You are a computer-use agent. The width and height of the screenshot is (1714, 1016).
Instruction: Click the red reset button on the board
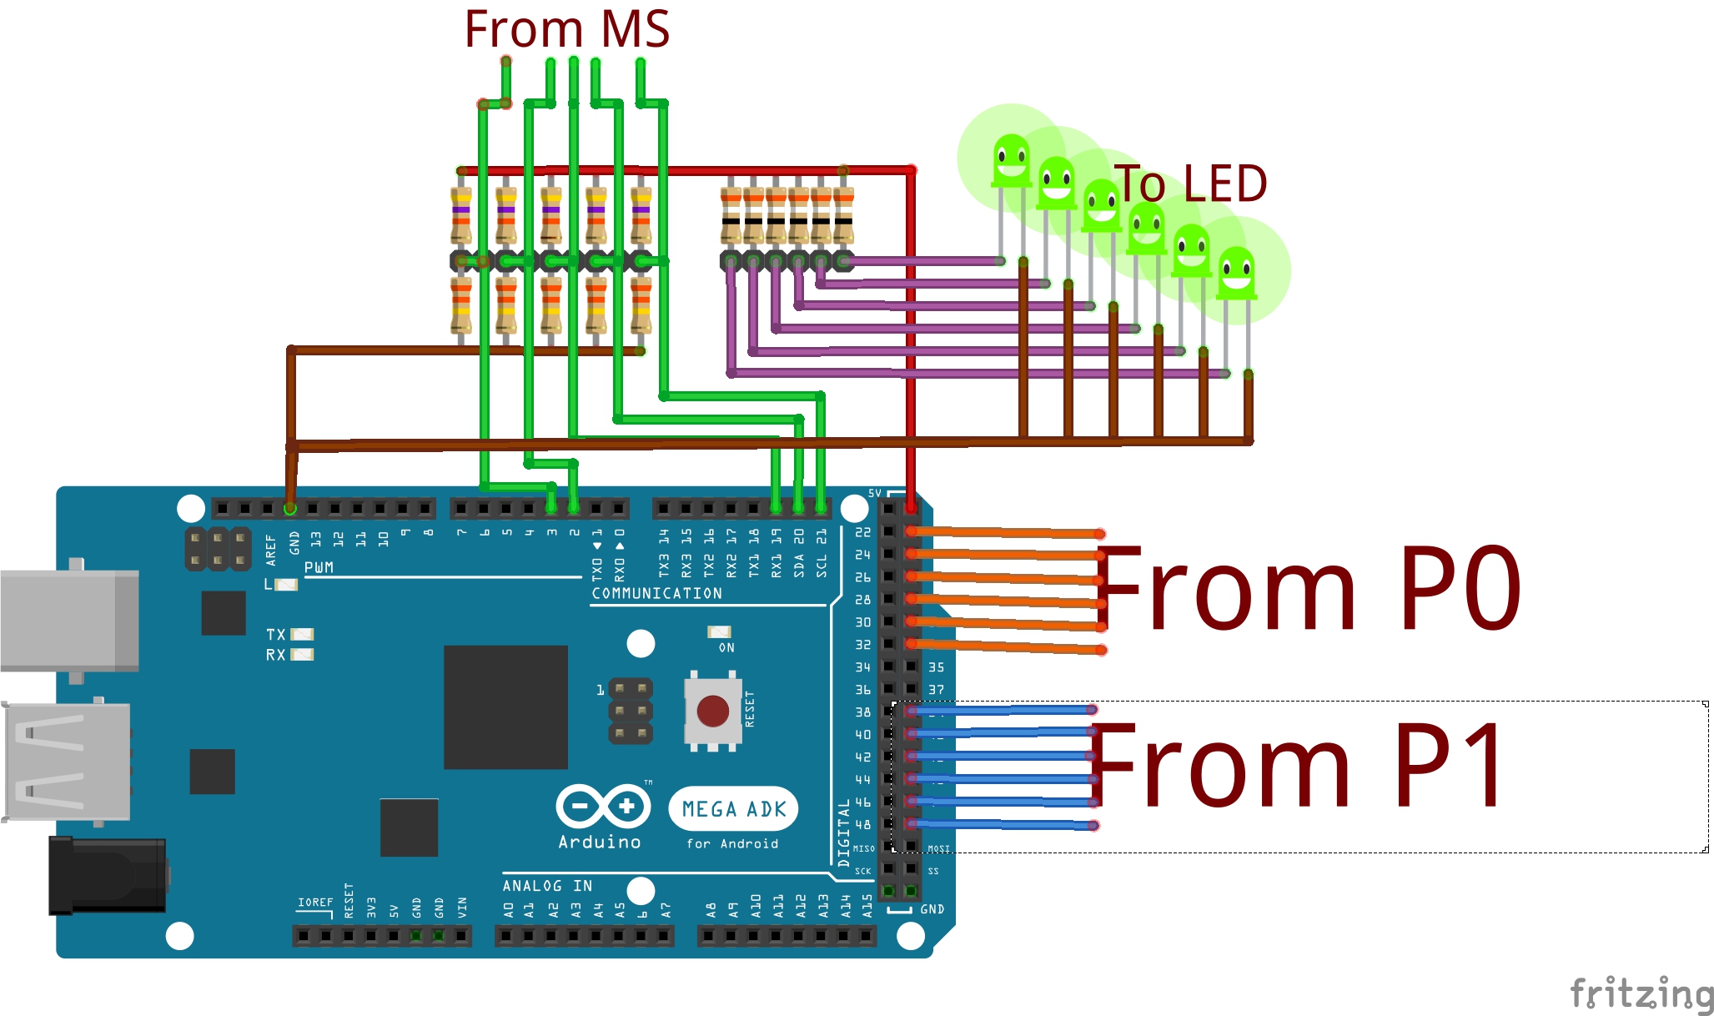(712, 712)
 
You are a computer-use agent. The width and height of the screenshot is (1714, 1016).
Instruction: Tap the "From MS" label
(566, 29)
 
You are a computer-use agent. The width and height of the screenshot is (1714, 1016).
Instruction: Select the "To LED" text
(1191, 184)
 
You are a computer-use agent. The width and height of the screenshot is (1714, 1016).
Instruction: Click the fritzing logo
(1641, 993)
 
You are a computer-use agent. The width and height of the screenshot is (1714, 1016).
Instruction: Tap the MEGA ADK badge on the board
(733, 808)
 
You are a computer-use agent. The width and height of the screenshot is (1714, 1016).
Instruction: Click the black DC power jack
(107, 876)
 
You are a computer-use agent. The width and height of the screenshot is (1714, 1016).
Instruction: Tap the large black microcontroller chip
(505, 707)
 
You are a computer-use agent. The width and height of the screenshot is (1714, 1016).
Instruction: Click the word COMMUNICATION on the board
(656, 593)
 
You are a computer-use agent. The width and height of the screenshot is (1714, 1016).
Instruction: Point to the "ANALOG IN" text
(547, 886)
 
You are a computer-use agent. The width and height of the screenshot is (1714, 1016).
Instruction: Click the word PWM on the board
(319, 567)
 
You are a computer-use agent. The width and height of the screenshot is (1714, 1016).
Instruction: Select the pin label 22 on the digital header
(862, 532)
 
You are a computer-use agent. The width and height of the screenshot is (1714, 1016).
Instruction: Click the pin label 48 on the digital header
(862, 825)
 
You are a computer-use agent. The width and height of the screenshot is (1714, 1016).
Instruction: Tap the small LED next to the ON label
(719, 631)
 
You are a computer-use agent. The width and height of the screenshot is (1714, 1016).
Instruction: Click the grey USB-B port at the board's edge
(69, 620)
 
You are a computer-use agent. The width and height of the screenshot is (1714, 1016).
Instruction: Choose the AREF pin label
(270, 550)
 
